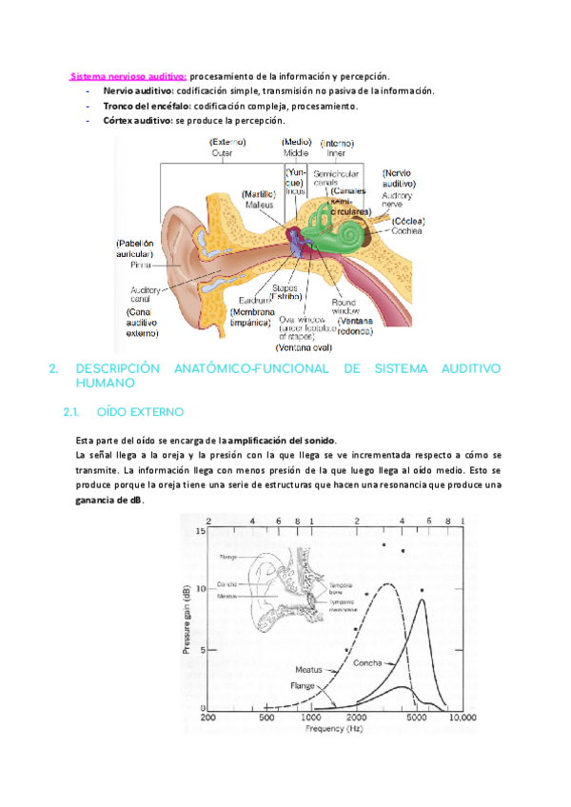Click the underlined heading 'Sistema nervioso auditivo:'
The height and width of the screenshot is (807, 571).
pos(128,76)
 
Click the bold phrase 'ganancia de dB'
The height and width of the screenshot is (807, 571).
pos(108,501)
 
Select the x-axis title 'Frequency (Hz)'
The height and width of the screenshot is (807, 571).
pos(333,728)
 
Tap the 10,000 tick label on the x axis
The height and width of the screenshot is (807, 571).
pos(462,718)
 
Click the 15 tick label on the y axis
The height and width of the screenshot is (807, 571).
pos(199,531)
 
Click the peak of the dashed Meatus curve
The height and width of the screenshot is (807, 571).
pos(386,583)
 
